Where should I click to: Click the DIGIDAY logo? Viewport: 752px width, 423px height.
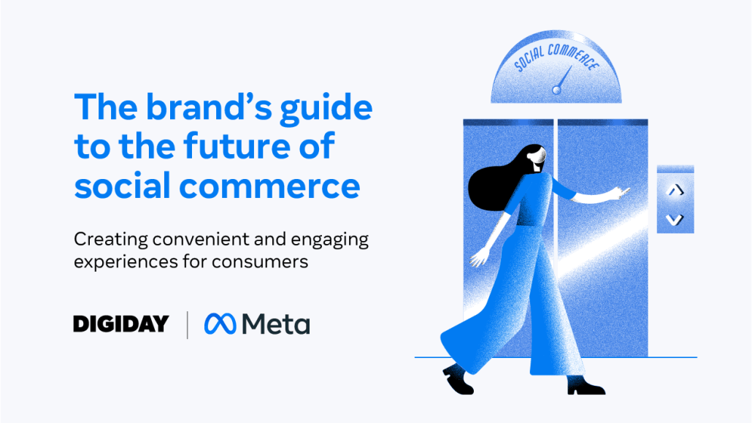point(121,324)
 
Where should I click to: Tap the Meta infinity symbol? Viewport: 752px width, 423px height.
point(220,324)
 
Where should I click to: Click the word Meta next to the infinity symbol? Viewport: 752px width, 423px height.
point(276,324)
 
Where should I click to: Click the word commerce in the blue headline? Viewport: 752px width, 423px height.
point(269,186)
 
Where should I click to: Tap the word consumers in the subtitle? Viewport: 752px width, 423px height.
point(260,262)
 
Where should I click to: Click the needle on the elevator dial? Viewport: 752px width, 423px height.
point(563,80)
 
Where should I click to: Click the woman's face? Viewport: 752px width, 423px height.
point(539,159)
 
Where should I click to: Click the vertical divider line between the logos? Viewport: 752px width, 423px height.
point(187,324)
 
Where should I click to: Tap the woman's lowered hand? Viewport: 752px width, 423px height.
point(480,256)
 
